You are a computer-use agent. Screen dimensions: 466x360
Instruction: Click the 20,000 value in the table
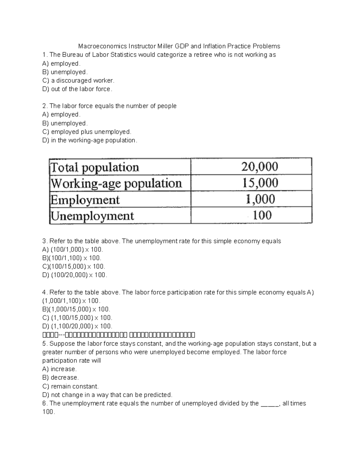coord(260,167)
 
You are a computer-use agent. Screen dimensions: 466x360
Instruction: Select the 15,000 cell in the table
coord(260,183)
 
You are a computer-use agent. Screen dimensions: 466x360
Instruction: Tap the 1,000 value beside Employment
coord(260,199)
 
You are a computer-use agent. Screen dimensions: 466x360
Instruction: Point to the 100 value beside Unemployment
coord(262,215)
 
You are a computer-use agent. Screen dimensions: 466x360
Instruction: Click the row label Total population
coord(95,167)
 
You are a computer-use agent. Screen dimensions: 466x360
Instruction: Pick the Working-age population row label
coord(116,183)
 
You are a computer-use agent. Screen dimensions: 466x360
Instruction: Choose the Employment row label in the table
coord(85,200)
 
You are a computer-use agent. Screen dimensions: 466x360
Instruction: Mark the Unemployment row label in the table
coord(92,216)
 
